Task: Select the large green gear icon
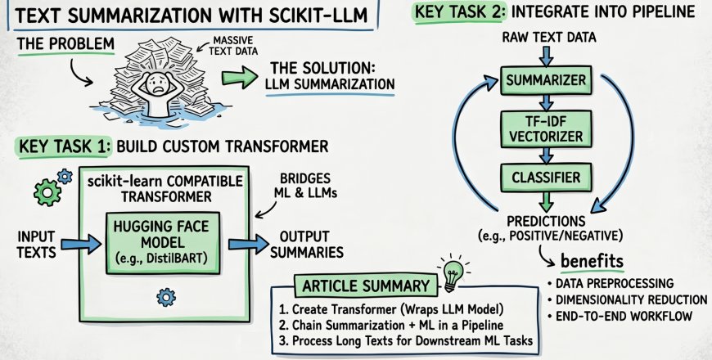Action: point(47,190)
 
